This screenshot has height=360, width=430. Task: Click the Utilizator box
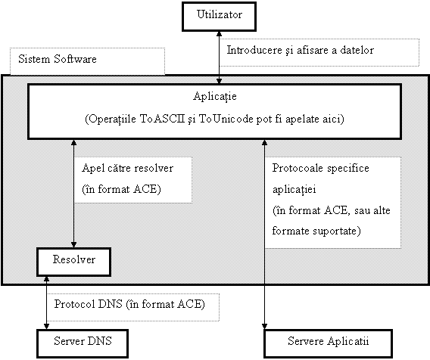[219, 17]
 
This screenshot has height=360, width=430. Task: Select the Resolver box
[73, 262]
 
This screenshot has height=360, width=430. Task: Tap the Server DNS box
[83, 344]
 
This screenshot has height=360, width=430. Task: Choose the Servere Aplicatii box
[329, 344]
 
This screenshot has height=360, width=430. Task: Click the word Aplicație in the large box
[215, 97]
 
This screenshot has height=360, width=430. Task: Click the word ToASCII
[162, 119]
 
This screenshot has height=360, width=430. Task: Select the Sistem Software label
[58, 59]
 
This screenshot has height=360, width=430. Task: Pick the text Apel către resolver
[127, 168]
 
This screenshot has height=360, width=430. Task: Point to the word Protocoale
[298, 168]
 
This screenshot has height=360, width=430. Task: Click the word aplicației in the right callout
[294, 190]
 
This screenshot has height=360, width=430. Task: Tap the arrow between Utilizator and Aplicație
[219, 57]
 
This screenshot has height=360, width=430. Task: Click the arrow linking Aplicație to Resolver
[73, 194]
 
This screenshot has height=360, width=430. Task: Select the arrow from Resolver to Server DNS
[46, 303]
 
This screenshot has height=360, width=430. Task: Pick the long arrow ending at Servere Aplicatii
[264, 234]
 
